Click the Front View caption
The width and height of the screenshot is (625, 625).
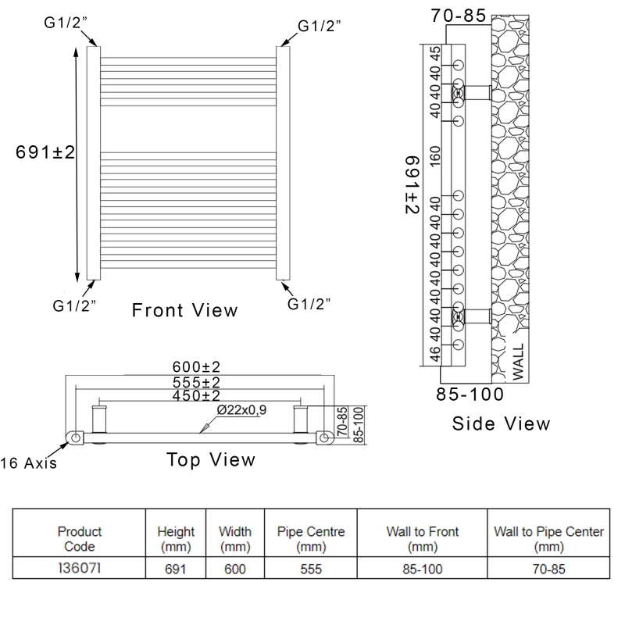(x=184, y=310)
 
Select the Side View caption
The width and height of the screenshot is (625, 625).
(x=501, y=423)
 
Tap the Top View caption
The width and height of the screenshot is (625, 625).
(x=211, y=459)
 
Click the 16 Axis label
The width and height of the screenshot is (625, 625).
(x=29, y=463)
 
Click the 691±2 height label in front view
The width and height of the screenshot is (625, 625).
(x=45, y=152)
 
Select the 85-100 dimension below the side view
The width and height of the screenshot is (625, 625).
(x=469, y=395)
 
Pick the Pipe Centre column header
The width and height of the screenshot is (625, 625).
(x=311, y=538)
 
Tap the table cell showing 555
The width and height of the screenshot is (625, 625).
(x=311, y=570)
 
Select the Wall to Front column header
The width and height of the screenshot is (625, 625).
(x=422, y=538)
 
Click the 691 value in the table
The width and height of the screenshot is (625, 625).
(x=176, y=570)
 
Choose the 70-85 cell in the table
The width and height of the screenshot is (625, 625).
(x=549, y=570)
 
